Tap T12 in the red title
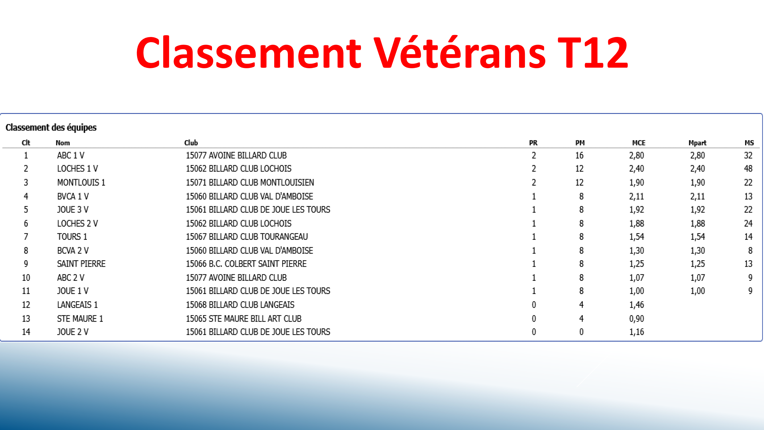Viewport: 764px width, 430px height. (x=593, y=53)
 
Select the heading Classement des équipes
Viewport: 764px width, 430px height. (x=51, y=128)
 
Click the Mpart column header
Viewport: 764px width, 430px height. (x=697, y=143)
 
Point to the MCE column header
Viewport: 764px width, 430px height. (x=639, y=143)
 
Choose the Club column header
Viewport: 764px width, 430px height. (x=191, y=143)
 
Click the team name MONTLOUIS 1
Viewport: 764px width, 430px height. (x=81, y=183)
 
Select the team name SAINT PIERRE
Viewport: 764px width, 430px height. (x=81, y=264)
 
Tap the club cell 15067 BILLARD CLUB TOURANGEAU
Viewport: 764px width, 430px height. (x=247, y=237)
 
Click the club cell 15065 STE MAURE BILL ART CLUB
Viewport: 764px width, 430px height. (x=243, y=319)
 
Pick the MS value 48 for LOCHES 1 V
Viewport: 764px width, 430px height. (x=748, y=169)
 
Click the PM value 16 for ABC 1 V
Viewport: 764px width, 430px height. (x=579, y=155)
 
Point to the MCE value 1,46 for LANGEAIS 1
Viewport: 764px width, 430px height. (x=637, y=305)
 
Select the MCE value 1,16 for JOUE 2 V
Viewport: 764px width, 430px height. (x=637, y=332)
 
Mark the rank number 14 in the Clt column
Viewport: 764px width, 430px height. (x=26, y=332)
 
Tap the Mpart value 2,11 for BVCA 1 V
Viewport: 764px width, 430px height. (x=697, y=196)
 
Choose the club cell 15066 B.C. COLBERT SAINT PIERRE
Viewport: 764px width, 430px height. (x=246, y=264)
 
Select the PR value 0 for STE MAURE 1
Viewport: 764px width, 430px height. (x=534, y=319)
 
